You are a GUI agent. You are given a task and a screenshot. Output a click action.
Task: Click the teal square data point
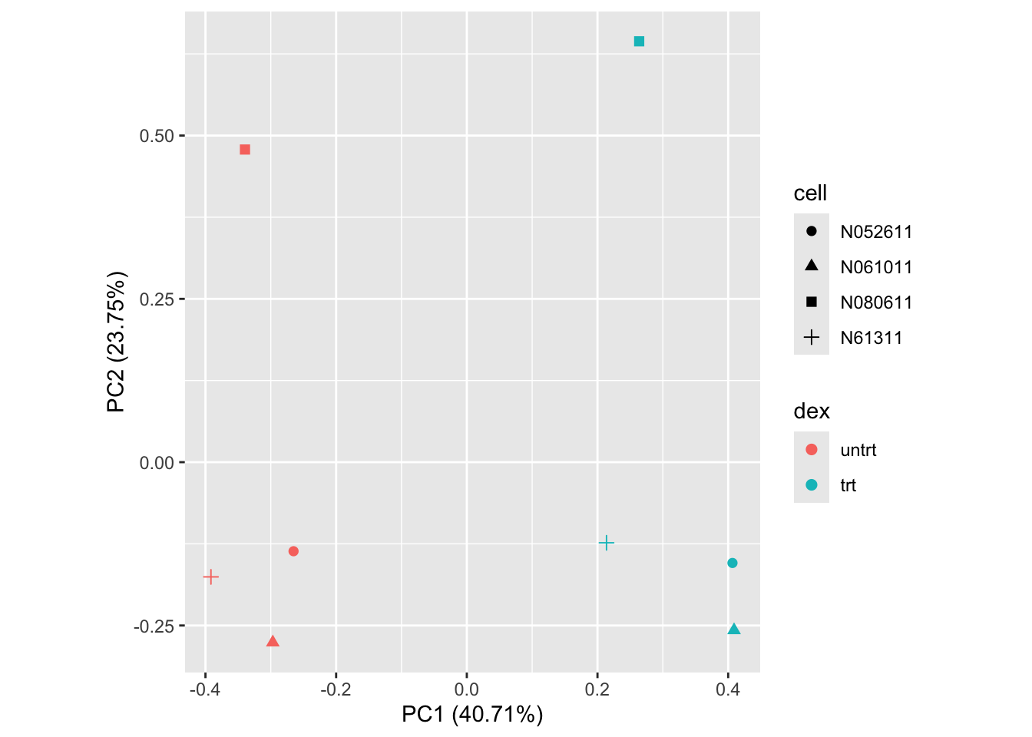639,41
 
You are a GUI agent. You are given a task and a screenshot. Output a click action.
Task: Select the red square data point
245,150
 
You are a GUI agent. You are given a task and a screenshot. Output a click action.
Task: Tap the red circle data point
293,551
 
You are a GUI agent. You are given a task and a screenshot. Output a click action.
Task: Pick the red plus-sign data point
211,577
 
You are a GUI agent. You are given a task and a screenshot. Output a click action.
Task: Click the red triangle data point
273,642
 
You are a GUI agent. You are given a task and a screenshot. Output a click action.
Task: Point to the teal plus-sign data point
607,544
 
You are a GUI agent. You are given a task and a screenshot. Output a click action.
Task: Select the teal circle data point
733,563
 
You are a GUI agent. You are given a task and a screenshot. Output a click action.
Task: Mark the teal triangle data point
734,630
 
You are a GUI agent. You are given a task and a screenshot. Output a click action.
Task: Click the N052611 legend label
876,233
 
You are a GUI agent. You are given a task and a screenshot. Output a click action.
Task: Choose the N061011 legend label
876,268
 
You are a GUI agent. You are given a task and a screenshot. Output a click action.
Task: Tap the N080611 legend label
876,303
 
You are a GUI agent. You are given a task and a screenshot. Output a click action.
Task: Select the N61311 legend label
872,339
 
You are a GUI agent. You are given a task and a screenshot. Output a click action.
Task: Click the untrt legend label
858,451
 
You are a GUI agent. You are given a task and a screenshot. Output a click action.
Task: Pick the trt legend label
848,486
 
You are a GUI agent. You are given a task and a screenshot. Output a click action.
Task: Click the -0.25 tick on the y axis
154,626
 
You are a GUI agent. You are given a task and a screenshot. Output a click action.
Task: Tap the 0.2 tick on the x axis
597,689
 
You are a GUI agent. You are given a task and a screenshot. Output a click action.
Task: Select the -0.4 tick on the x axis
203,689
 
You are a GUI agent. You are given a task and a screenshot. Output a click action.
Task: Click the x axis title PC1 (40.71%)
472,716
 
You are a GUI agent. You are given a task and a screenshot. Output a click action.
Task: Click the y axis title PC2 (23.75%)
117,342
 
